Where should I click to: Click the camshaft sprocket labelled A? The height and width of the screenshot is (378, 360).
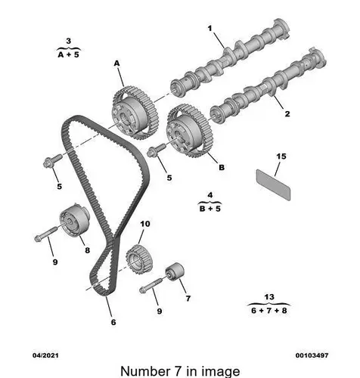[x=135, y=113]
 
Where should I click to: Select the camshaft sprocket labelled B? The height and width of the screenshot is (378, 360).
[x=190, y=131]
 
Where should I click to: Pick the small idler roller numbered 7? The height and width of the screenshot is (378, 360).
[x=175, y=271]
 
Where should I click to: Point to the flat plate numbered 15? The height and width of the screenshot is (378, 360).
[x=273, y=184]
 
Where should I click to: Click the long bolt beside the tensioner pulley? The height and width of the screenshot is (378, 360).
[x=46, y=234]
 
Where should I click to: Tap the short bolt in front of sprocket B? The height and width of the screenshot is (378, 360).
[x=157, y=150]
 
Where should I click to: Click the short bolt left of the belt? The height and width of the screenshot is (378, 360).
[x=52, y=160]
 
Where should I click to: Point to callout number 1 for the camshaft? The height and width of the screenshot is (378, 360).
[x=209, y=28]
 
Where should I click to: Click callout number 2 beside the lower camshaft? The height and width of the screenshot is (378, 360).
[x=287, y=114]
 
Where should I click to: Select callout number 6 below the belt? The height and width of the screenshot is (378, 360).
[x=113, y=322]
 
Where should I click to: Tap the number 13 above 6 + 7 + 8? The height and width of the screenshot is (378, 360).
[x=269, y=297]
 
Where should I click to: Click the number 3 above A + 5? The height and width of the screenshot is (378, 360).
[x=68, y=41]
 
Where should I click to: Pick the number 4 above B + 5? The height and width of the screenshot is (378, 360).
[x=210, y=195]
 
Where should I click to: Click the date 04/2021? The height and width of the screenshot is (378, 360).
[x=45, y=355]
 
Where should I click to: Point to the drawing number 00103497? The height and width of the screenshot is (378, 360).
[x=312, y=355]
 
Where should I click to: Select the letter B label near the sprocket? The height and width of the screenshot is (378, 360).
[x=222, y=167]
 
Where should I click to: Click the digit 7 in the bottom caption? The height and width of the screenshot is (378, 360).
[x=178, y=371]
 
